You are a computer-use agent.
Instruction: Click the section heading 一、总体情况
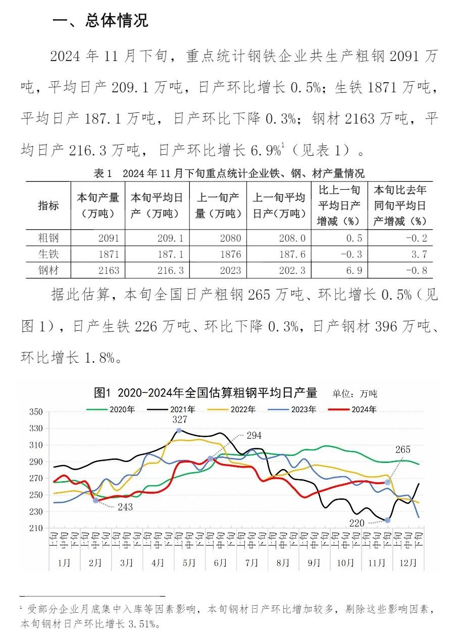100,21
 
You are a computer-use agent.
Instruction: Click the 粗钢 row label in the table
48,238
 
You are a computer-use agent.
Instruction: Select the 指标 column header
48,206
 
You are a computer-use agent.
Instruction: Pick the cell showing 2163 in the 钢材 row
110,270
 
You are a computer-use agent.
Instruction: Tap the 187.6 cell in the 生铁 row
292,254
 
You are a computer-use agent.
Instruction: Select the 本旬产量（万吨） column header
98,205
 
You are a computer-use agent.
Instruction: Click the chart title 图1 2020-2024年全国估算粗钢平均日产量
206,392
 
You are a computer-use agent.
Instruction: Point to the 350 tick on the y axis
35,412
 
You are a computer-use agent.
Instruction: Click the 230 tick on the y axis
35,511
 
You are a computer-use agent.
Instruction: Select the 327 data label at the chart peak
180,420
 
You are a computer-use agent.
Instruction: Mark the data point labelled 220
387,520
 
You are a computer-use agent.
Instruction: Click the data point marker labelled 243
95,500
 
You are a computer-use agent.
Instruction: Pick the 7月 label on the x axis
251,563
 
